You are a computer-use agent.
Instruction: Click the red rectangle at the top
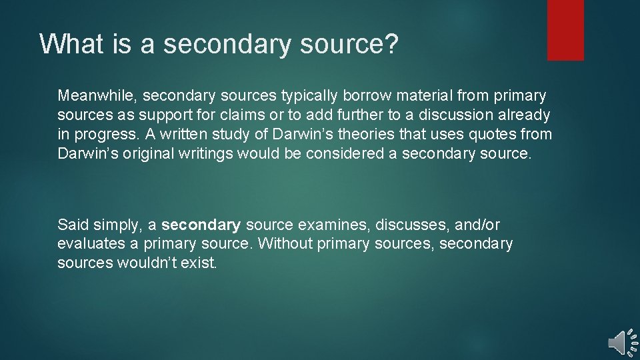pyautogui.click(x=565, y=30)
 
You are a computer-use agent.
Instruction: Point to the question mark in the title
pyautogui.click(x=392, y=44)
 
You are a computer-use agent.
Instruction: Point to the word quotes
pyautogui.click(x=485, y=134)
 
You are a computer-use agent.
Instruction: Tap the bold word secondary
pyautogui.click(x=201, y=225)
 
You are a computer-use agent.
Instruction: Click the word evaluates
pyautogui.click(x=88, y=244)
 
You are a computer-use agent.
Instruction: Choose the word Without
pyautogui.click(x=285, y=244)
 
